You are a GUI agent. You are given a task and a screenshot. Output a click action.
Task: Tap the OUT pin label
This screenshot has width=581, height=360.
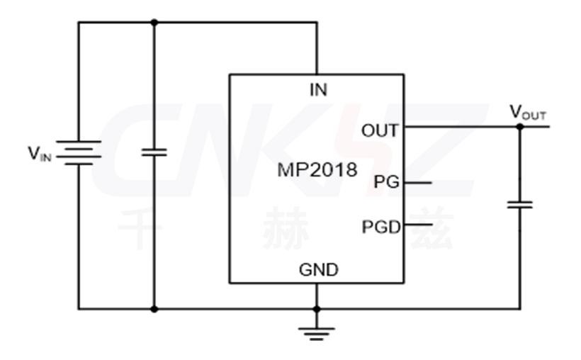coord(380,130)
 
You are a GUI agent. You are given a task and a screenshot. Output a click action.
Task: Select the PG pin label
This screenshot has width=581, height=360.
coord(387,182)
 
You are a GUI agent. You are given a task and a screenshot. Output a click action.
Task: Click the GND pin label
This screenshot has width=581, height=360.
coord(318,269)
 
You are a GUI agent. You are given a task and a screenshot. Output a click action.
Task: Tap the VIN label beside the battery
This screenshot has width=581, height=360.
coord(39,152)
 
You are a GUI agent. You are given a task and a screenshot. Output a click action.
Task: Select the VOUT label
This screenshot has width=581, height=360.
coord(528,113)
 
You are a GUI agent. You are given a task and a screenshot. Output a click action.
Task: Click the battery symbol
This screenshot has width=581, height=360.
coord(79,152)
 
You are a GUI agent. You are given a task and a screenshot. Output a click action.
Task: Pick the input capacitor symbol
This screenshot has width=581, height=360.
coord(154,152)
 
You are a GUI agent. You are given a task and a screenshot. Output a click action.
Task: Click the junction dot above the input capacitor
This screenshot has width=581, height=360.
coord(154,22)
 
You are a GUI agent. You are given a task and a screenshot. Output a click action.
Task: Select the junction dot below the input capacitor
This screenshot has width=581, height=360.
coord(154,309)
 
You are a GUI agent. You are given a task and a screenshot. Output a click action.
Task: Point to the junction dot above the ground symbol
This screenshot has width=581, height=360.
coord(317,309)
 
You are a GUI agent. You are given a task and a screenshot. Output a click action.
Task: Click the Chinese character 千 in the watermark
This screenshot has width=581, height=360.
coord(140,228)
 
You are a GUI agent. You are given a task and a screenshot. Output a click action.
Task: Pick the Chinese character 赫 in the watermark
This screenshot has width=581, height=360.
coord(283,228)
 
